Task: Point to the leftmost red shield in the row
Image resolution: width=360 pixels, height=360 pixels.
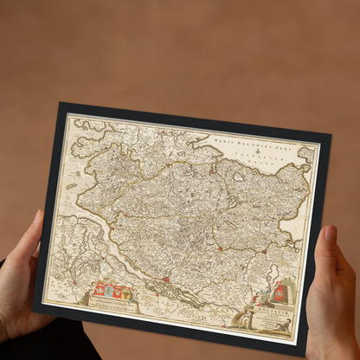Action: coord(100,287)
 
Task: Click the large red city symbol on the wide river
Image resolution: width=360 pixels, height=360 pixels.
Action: coord(165,280)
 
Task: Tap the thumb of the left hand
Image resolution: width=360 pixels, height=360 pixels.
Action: coord(37,228)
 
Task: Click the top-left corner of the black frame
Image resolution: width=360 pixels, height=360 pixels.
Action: coord(61,105)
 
